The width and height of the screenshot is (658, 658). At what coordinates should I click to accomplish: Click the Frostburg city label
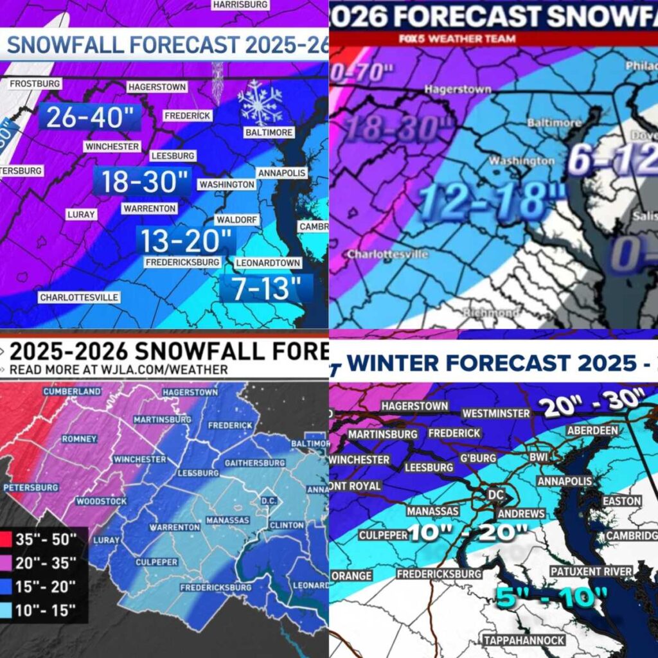[x=35, y=84]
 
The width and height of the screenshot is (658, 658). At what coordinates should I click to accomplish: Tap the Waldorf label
[x=236, y=220]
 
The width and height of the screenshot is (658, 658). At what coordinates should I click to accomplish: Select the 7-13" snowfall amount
[x=265, y=289]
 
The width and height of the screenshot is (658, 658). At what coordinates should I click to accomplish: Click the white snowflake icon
[x=260, y=102]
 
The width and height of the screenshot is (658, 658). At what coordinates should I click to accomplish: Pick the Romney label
[x=79, y=439]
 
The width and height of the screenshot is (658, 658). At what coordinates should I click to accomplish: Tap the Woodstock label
[x=96, y=501]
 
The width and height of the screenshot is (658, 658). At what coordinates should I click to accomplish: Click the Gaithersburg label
[x=254, y=463]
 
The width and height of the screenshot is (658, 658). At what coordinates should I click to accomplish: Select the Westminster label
[x=493, y=413]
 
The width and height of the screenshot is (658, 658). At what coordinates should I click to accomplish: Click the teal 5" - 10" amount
[x=553, y=598]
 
